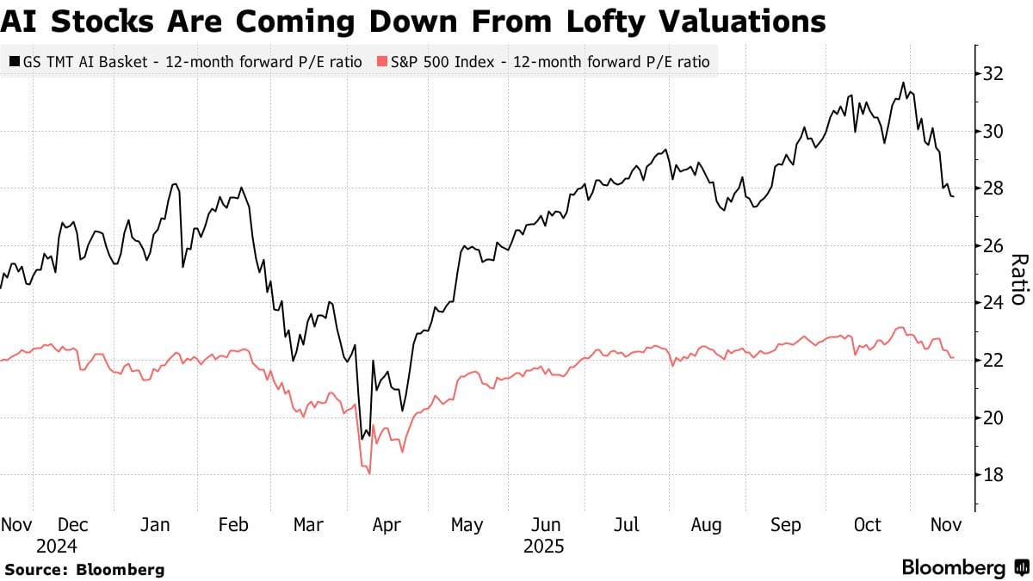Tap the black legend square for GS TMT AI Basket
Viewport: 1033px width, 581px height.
click(15, 62)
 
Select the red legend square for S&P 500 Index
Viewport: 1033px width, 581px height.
click(382, 62)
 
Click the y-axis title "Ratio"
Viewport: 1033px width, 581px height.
click(1018, 279)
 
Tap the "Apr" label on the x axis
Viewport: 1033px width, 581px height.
click(386, 524)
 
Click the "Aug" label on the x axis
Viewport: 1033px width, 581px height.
click(706, 524)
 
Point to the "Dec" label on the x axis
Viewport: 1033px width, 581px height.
click(73, 524)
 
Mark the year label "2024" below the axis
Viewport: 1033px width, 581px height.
click(57, 547)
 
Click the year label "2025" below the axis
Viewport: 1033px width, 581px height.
click(543, 547)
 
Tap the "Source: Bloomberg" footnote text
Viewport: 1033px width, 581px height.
click(84, 569)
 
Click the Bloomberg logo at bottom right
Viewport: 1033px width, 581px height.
click(962, 568)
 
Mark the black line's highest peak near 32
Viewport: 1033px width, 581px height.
click(903, 83)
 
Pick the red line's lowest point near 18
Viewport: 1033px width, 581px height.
click(369, 473)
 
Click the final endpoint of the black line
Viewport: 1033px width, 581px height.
click(953, 197)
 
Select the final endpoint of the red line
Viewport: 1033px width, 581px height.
click(953, 357)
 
